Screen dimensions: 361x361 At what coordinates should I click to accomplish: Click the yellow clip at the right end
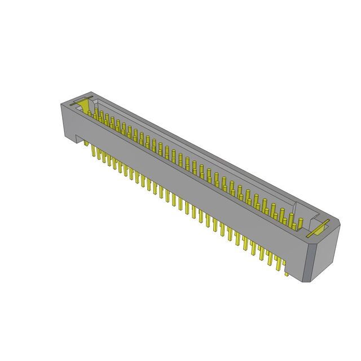point(317,228)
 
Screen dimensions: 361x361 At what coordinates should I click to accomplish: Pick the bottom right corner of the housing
point(310,281)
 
